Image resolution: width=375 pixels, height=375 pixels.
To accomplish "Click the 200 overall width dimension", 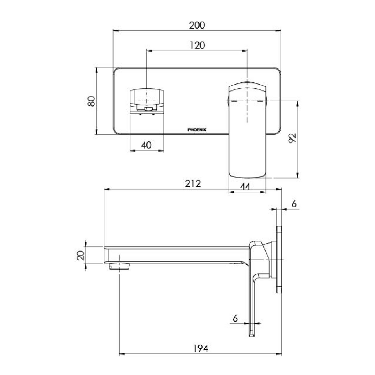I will tap(197, 25).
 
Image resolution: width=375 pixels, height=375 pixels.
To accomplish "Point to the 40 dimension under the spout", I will tap(146, 145).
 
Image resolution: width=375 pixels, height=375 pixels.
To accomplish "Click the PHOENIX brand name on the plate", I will tap(197, 129).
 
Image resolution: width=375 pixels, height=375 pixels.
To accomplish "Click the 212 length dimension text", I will tap(193, 183).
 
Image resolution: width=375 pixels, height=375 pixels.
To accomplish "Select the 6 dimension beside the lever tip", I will tap(235, 318).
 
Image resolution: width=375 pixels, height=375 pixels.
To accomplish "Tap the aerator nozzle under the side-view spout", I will tap(120, 266).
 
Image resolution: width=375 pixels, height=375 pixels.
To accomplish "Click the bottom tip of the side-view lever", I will tap(252, 334).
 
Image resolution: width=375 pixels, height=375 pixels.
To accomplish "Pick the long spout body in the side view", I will tap(176, 255).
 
